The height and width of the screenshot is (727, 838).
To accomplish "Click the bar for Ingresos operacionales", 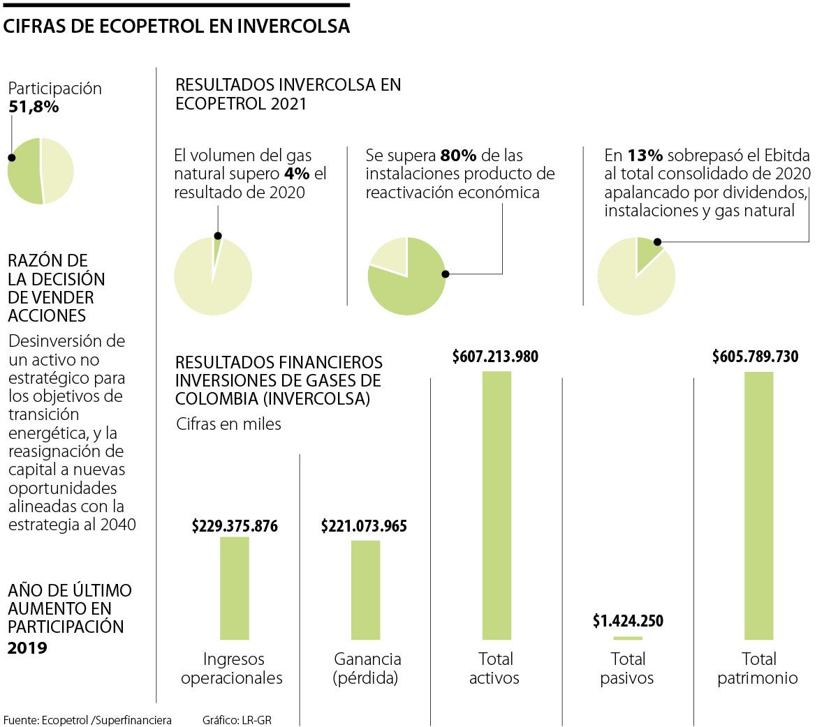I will pos(234,588).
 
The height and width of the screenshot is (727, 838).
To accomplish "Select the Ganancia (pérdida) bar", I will pos(365,590).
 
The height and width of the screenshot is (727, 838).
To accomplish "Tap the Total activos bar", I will pos(497,505).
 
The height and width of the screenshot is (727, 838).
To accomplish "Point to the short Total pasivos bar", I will pos(628,638).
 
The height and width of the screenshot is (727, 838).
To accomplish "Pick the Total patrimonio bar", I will pos(759,505).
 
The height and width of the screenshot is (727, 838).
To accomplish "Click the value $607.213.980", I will pos(495,357).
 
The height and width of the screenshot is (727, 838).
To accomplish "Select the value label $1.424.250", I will pos(628,620).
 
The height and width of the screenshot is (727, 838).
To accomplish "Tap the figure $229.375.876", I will pos(235,526).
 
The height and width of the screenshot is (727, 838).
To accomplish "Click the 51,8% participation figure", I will pos(34,107).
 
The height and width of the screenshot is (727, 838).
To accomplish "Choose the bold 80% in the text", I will pos(458,156).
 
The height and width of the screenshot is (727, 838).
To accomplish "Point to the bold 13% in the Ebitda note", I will pos(645,156).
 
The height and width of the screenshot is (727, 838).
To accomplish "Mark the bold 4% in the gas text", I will pos(297,174).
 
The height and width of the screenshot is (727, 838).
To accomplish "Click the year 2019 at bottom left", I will pos(27,648).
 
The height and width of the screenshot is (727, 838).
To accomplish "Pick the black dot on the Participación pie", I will pos(11,158).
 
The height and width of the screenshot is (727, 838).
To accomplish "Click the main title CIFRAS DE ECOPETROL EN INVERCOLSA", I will pos(177,27).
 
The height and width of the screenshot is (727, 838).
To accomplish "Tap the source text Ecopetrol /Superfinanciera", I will pos(106,720).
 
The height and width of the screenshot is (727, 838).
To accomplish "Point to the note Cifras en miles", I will pos(228,424).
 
